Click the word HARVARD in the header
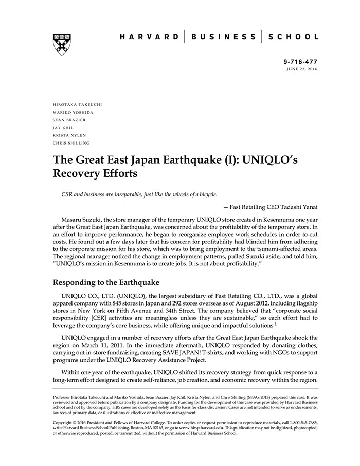pyautogui.click(x=149, y=37)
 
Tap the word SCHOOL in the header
pyautogui.click(x=294, y=37)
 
